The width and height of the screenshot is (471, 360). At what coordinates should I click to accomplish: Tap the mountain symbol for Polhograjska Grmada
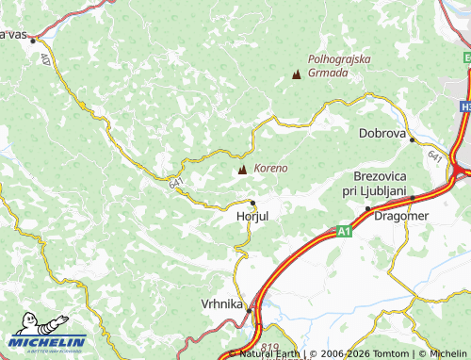[x=298, y=74]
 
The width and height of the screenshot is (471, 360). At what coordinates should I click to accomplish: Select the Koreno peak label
[x=270, y=168]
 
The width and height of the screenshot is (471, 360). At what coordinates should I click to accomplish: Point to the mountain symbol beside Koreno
[x=243, y=170]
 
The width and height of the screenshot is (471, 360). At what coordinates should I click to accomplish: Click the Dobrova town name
[x=382, y=134]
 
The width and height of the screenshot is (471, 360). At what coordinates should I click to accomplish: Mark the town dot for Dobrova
[x=412, y=139]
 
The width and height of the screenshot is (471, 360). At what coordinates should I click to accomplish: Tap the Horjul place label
[x=252, y=216]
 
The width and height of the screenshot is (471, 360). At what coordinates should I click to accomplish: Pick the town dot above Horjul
[x=252, y=203]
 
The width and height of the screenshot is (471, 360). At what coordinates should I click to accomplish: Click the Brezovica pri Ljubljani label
[x=379, y=184]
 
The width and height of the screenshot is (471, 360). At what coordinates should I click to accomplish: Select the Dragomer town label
[x=401, y=216]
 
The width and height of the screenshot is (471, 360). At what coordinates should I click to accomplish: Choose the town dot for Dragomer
[x=368, y=208]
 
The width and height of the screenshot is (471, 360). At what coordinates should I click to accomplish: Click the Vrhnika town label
[x=222, y=304]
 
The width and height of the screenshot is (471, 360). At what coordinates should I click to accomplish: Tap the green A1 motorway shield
[x=345, y=229]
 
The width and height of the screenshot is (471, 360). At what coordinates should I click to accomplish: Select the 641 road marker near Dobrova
[x=433, y=155]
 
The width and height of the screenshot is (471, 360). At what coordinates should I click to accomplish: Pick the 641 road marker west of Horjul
[x=177, y=184]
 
